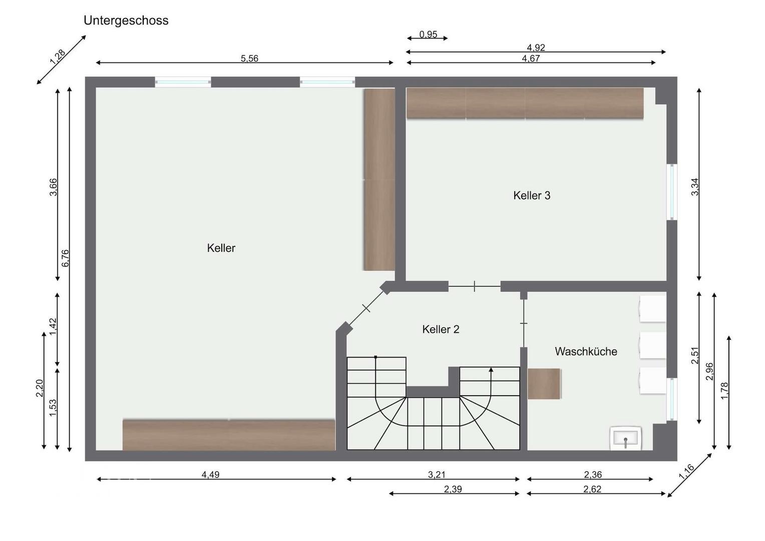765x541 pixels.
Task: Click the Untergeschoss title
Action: pyautogui.click(x=126, y=21)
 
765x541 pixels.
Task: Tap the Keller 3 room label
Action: pyautogui.click(x=532, y=195)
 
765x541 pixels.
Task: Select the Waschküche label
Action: pyautogui.click(x=586, y=351)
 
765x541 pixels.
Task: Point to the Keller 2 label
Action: pyautogui.click(x=441, y=329)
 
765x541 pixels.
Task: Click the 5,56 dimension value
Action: pyautogui.click(x=249, y=59)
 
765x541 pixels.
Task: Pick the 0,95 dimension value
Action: pyautogui.click(x=428, y=34)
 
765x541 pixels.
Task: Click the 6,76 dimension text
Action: pyautogui.click(x=66, y=258)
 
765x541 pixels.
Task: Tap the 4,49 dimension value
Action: pyautogui.click(x=210, y=474)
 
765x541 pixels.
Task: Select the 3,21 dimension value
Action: pyautogui.click(x=437, y=474)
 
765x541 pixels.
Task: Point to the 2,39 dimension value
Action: pyautogui.click(x=453, y=489)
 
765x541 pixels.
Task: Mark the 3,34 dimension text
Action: pyautogui.click(x=694, y=187)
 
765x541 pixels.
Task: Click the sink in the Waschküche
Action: pyautogui.click(x=626, y=438)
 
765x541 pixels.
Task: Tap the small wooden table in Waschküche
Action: pyautogui.click(x=544, y=383)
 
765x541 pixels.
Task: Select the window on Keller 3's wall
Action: pyautogui.click(x=672, y=192)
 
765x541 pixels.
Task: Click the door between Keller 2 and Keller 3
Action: pyautogui.click(x=474, y=287)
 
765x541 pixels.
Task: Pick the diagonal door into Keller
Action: pyautogui.click(x=366, y=308)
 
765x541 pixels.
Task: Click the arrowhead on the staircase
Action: pyautogui.click(x=491, y=370)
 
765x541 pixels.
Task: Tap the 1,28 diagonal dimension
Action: pyautogui.click(x=58, y=57)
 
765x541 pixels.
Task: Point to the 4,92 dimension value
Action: pyautogui.click(x=536, y=48)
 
